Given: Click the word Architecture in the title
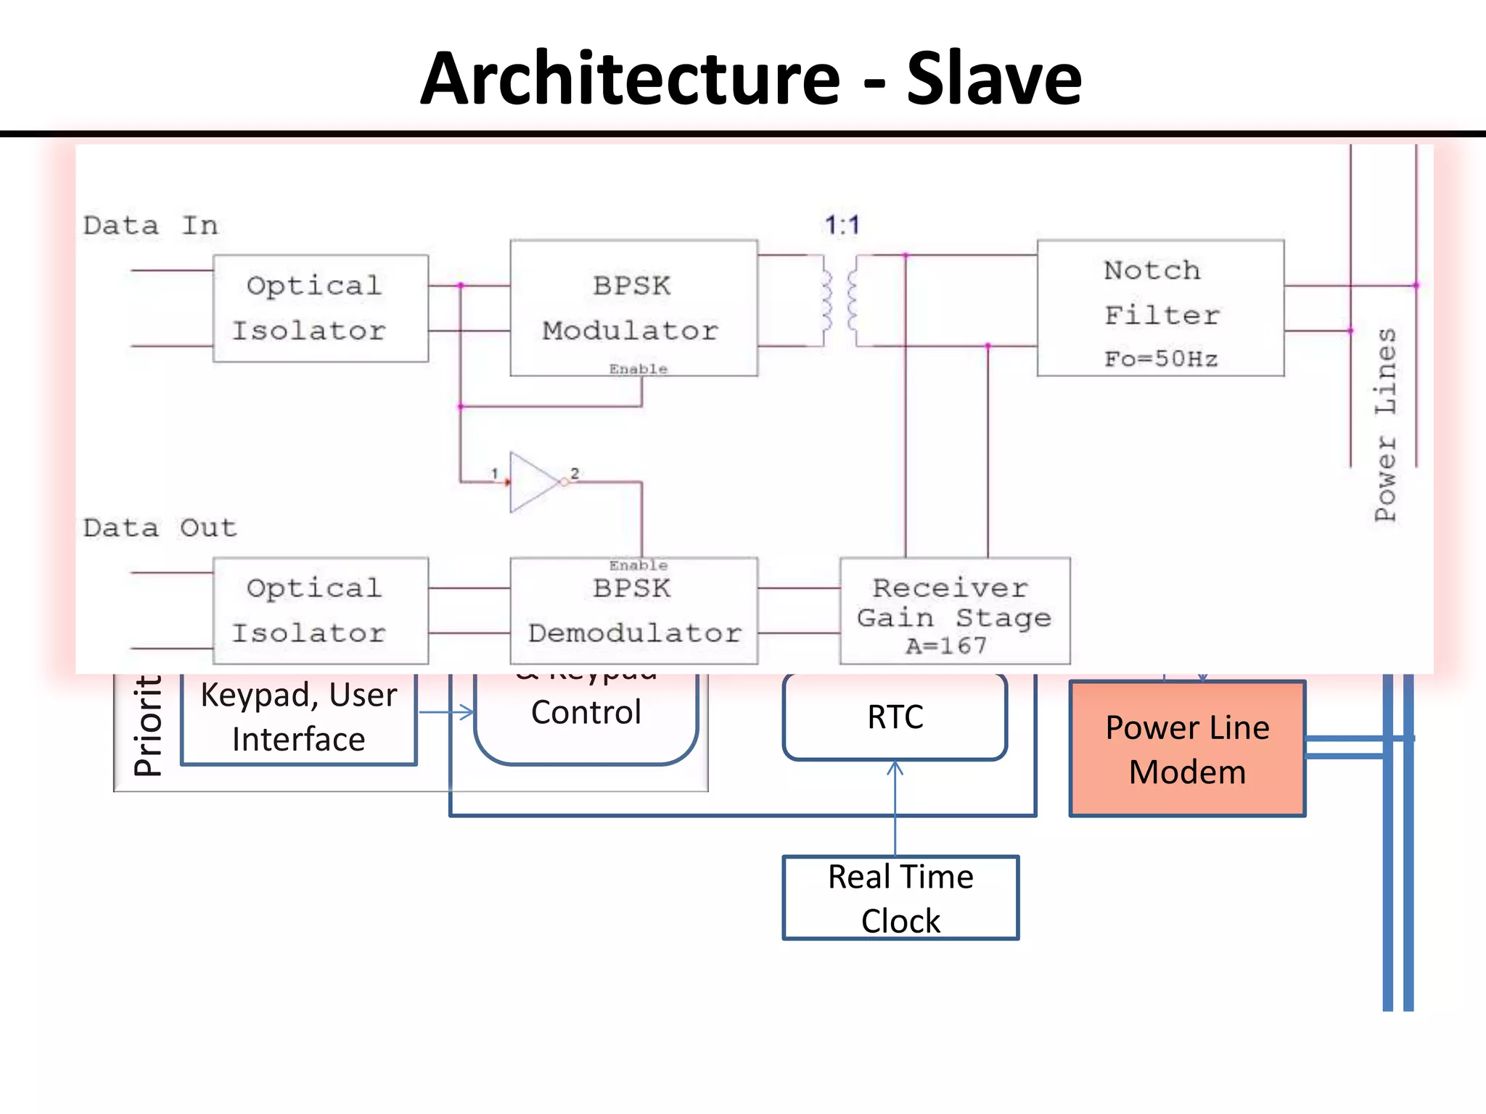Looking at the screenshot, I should (630, 78).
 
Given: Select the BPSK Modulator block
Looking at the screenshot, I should (633, 308).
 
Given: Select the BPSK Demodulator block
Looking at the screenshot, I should (633, 611).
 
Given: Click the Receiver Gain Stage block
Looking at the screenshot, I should (954, 611).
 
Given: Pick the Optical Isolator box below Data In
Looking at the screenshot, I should (320, 308).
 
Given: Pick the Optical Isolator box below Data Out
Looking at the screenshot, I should (320, 611).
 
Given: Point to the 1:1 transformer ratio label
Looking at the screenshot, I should (842, 225).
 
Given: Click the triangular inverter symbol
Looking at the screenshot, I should (534, 482).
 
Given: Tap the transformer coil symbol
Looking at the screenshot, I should (840, 301).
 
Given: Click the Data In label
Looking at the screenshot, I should (150, 226).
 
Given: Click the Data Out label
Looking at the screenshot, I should (160, 528).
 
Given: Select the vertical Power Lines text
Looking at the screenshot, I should (1385, 424).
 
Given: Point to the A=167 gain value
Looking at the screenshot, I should (946, 645).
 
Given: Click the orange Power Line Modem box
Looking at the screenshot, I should (1187, 749).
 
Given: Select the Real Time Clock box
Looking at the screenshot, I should (900, 898).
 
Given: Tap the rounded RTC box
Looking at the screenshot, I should (895, 717).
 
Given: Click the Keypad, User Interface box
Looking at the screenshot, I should (299, 717).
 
